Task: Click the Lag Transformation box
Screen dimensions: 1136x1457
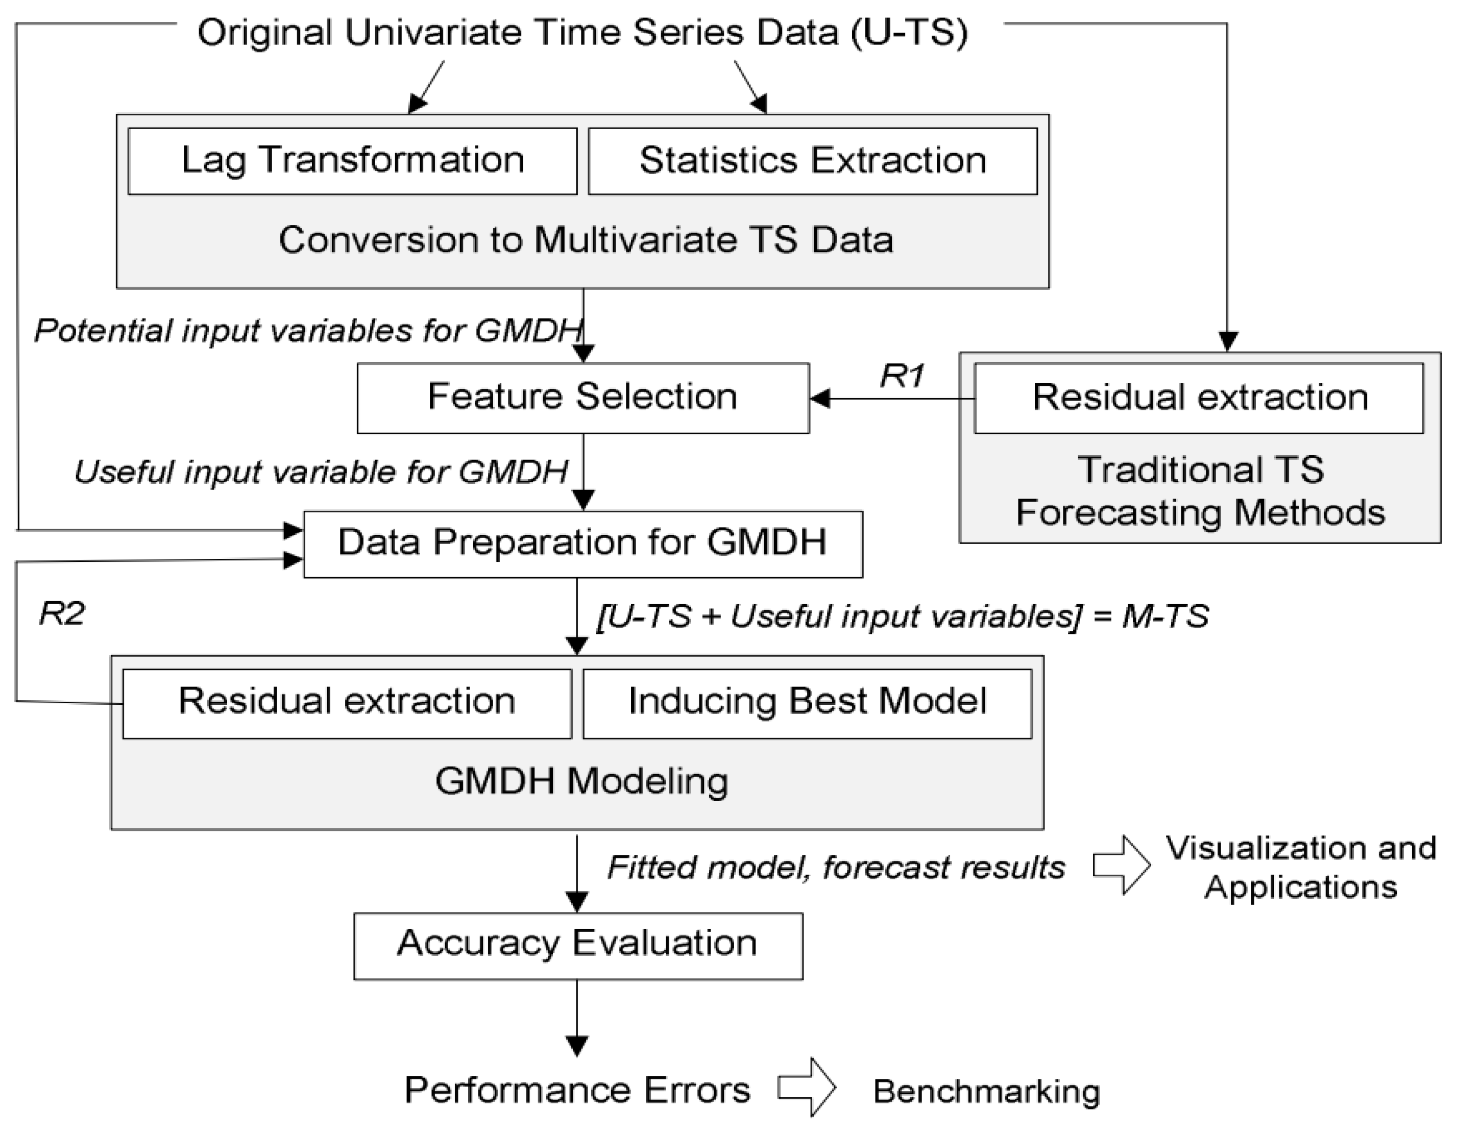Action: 352,161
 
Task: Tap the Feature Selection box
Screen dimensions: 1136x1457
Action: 582,398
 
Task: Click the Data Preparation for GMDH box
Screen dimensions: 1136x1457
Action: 582,544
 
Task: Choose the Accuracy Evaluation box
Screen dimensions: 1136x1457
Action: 578,945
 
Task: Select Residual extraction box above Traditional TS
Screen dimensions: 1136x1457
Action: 1199,398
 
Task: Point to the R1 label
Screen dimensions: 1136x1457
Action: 902,376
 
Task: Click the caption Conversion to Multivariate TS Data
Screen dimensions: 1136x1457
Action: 586,240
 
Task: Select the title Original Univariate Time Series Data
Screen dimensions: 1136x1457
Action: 582,33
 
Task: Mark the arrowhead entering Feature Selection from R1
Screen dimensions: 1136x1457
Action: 819,399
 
